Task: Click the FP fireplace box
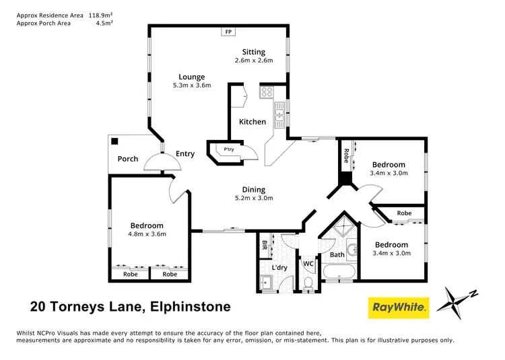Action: pyautogui.click(x=228, y=32)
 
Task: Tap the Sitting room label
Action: pyautogui.click(x=254, y=52)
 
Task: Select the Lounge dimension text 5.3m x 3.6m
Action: pyautogui.click(x=192, y=85)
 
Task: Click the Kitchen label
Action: pyautogui.click(x=252, y=122)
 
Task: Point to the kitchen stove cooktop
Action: pyautogui.click(x=267, y=93)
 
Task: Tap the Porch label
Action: pyautogui.click(x=128, y=159)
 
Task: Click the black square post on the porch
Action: pyautogui.click(x=116, y=142)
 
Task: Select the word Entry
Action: pyautogui.click(x=185, y=154)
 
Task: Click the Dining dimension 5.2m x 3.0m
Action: pyautogui.click(x=254, y=199)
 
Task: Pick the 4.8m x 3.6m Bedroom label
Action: pyautogui.click(x=147, y=234)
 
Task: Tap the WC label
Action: pyautogui.click(x=308, y=263)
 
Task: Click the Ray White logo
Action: pyautogui.click(x=399, y=308)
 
